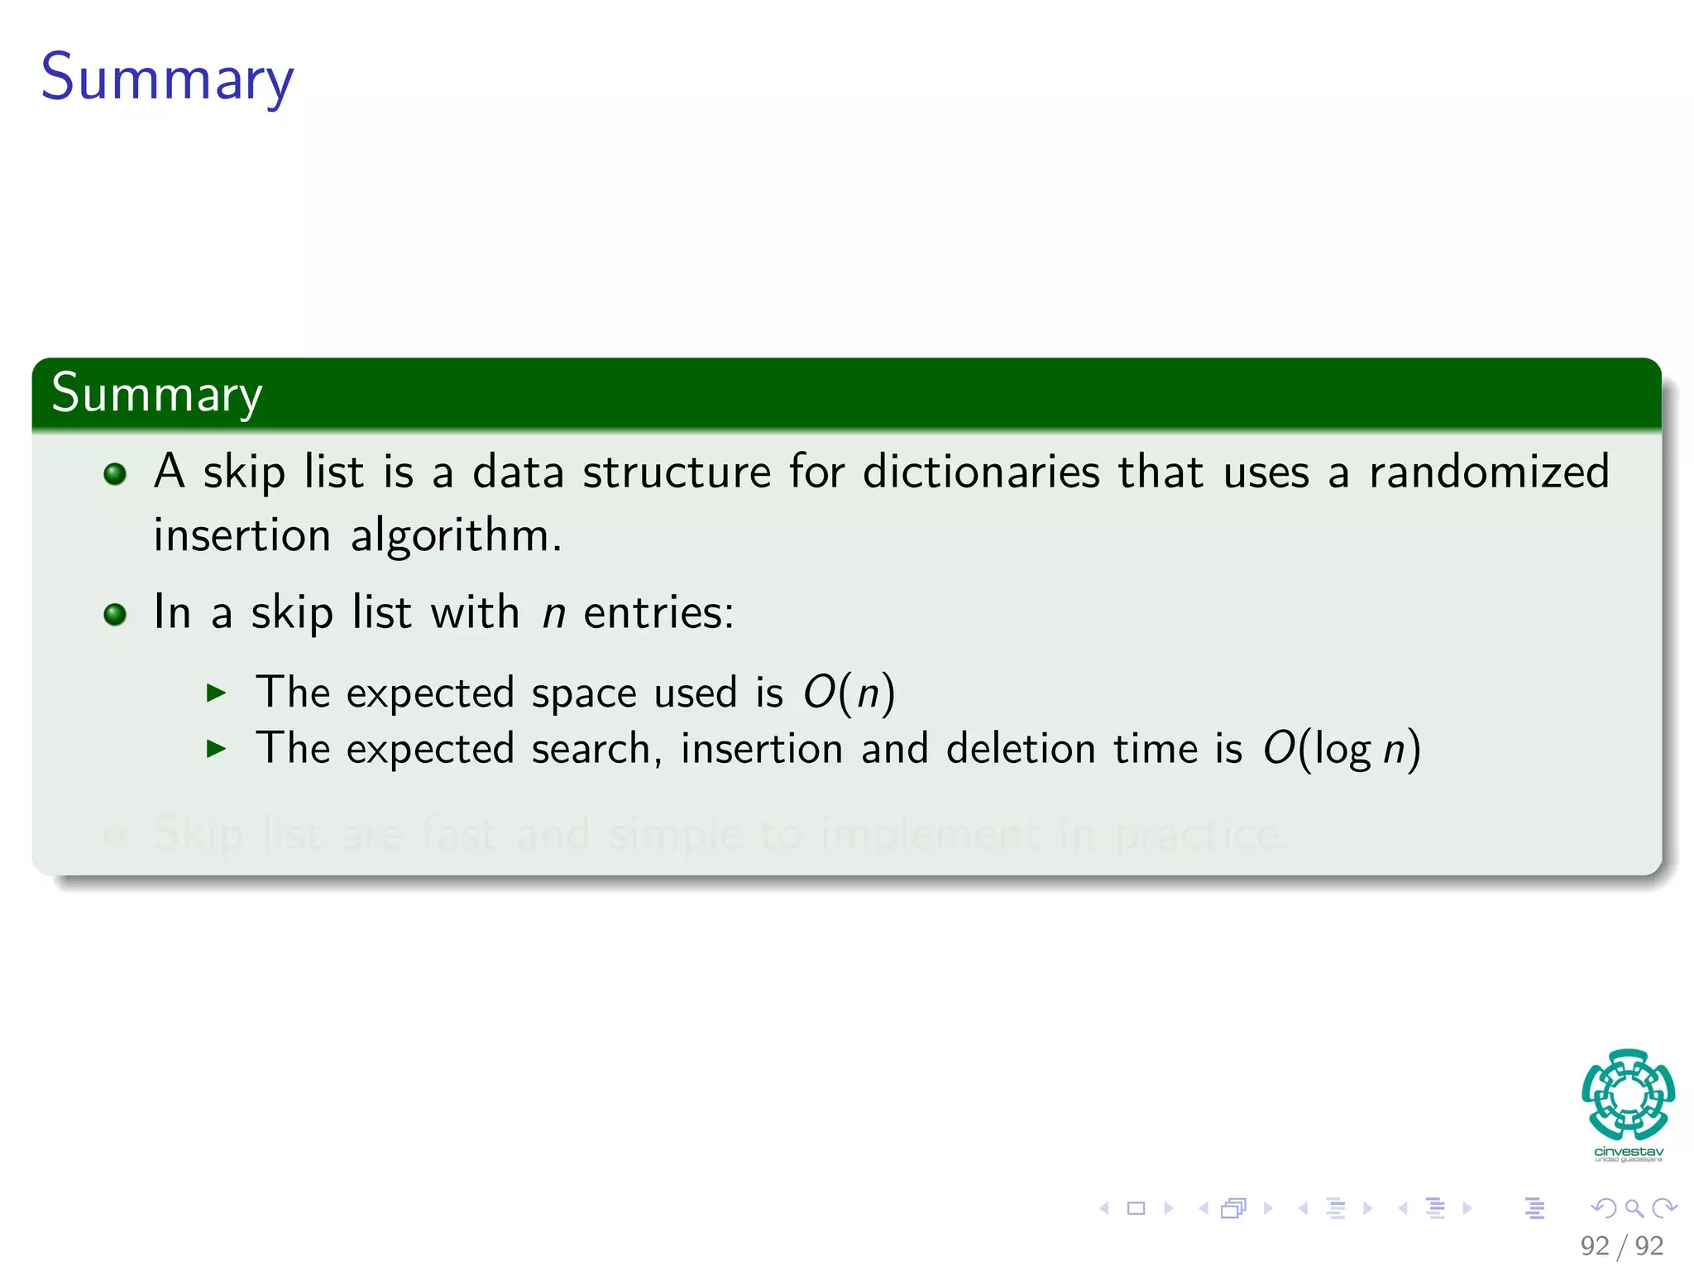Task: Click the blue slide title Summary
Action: coord(167,78)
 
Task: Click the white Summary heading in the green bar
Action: coord(156,394)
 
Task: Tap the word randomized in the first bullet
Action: coord(1489,472)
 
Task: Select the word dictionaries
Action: coord(981,472)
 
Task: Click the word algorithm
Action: coord(456,536)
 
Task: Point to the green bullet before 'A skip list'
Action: coord(115,474)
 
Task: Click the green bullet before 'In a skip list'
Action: coord(115,615)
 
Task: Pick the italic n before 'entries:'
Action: coord(553,614)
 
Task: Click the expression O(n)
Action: coord(849,693)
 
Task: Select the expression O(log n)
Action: coord(1341,749)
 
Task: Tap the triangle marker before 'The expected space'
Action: coord(216,693)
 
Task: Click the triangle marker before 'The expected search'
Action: coord(216,750)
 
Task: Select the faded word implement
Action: coord(930,834)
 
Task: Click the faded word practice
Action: coord(1201,834)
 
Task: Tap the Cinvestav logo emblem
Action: coord(1628,1094)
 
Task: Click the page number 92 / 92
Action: coord(1621,1245)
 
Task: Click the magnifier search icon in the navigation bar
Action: coord(1634,1208)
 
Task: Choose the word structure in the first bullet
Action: coord(677,472)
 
